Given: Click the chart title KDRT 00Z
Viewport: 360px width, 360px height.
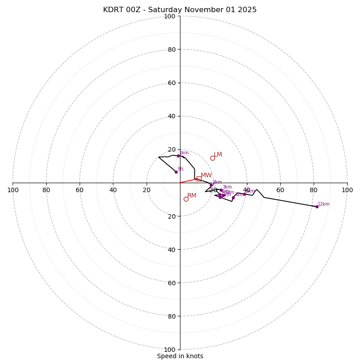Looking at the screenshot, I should [x=180, y=10].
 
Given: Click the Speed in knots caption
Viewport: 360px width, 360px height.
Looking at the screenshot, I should [x=180, y=356].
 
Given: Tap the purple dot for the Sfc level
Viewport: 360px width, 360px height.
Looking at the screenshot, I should [x=176, y=172].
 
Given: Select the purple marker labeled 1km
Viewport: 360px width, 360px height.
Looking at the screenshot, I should [x=178, y=156].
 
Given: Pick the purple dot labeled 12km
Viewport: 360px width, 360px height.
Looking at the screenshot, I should [x=317, y=207].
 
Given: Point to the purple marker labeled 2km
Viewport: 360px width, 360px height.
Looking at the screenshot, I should [x=211, y=185].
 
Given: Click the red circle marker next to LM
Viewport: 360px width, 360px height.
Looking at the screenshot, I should [x=212, y=158].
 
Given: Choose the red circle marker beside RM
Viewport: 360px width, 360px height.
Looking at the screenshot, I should [x=186, y=199].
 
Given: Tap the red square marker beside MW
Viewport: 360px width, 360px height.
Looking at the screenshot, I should [x=199, y=179].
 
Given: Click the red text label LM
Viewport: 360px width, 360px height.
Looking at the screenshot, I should [x=218, y=155].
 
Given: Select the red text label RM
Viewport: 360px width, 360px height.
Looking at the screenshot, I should [x=192, y=196].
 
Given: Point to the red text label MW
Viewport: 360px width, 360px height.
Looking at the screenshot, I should [x=206, y=175].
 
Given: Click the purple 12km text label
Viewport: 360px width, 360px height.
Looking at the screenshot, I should [x=324, y=204].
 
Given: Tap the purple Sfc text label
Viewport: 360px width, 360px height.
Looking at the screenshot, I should [x=180, y=169].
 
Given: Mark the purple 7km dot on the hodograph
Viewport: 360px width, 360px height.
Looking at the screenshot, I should [x=233, y=198].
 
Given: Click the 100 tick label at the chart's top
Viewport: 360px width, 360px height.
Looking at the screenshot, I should [x=170, y=17].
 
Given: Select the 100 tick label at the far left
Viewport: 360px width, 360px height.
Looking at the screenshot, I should [x=13, y=190].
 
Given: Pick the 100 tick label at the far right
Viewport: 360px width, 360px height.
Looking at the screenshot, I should [x=347, y=190].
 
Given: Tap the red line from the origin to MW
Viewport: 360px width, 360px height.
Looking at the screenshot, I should [x=188, y=180].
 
